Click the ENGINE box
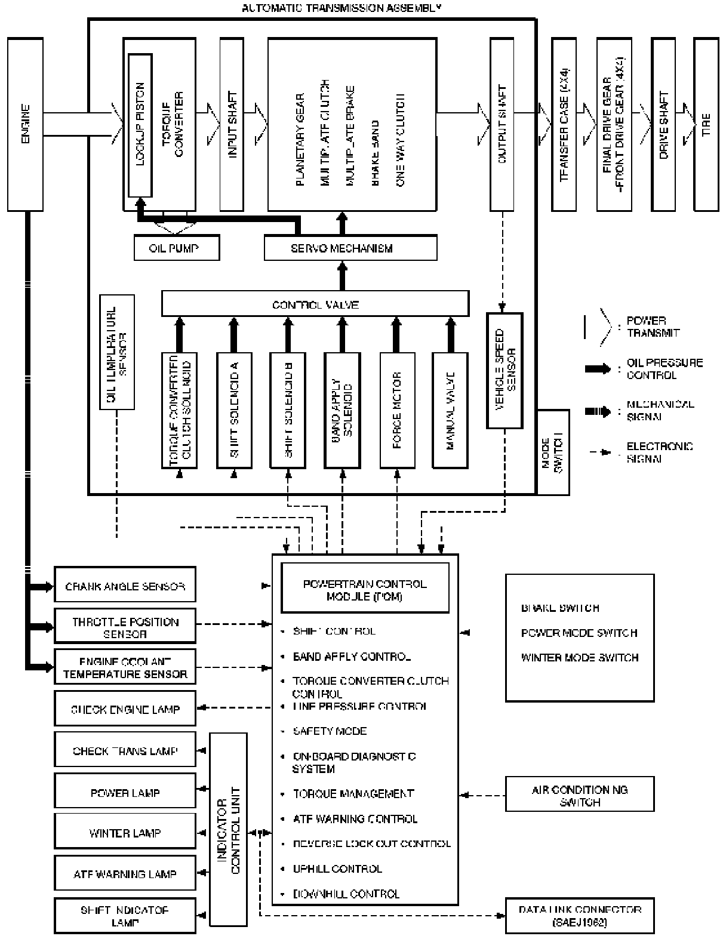pyautogui.click(x=25, y=124)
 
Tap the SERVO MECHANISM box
pyautogui.click(x=350, y=248)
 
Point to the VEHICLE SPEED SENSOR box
pyautogui.click(x=505, y=370)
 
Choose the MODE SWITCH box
pyautogui.click(x=553, y=452)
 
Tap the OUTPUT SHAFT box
pyautogui.click(x=502, y=124)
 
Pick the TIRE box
pyautogui.click(x=706, y=124)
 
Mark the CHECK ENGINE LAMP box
pyautogui.click(x=125, y=709)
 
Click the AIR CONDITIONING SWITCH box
pyautogui.click(x=580, y=795)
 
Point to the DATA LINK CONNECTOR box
pyautogui.click(x=580, y=915)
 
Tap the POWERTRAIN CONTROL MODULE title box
pyautogui.click(x=365, y=588)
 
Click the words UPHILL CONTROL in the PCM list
pyautogui.click(x=337, y=869)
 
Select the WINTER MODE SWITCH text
pyautogui.click(x=580, y=658)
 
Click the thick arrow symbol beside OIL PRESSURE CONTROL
pyautogui.click(x=598, y=369)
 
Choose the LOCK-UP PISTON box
pyautogui.click(x=140, y=124)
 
